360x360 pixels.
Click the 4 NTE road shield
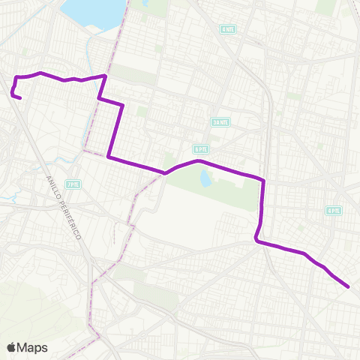(227, 28)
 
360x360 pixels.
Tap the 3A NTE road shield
(220, 121)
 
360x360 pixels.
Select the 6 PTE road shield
(199, 148)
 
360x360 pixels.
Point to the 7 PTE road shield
(73, 184)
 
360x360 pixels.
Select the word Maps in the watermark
(33, 347)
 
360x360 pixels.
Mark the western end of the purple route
(20, 98)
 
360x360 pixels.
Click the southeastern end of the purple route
(349, 286)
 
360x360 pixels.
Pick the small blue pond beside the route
(205, 178)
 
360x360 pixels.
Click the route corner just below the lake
(105, 76)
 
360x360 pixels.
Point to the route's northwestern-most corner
(16, 77)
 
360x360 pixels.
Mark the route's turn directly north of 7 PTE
(109, 157)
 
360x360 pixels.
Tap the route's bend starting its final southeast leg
(257, 241)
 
